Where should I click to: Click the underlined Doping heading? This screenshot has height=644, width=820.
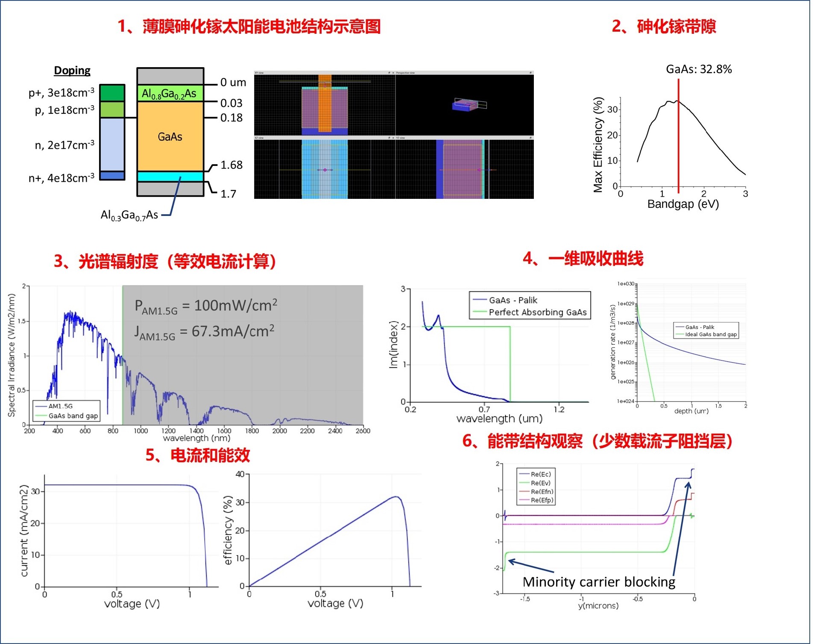pos(72,71)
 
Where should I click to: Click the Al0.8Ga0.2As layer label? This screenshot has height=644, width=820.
pos(169,94)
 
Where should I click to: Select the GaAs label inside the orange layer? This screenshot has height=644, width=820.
pos(170,137)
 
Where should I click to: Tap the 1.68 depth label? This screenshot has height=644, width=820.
pos(231,165)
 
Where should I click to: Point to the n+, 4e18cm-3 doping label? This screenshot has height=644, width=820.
pos(61,178)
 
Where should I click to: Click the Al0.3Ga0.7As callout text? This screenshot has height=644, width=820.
pos(129,215)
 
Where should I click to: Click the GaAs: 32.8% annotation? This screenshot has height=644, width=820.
pos(699,69)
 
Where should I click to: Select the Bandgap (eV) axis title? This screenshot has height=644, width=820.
pos(683,204)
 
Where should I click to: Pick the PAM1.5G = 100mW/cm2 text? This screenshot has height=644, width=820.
pos(206,306)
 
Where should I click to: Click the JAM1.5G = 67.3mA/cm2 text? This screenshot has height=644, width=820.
pos(204,332)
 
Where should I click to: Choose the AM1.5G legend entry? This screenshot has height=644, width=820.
pos(60,406)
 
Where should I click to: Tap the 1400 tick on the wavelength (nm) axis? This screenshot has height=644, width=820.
pos(196,431)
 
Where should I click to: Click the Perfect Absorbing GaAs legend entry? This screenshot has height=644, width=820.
pos(537,312)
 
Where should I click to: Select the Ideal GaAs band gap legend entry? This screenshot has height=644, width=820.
pos(711,334)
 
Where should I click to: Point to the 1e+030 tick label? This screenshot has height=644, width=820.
pos(626,284)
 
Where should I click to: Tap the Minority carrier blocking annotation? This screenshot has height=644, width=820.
pos(599,582)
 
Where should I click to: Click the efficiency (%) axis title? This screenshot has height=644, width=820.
pos(228,530)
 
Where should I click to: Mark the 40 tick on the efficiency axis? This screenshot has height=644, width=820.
pos(240,474)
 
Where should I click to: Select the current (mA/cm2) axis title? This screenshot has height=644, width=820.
pos(24,530)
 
